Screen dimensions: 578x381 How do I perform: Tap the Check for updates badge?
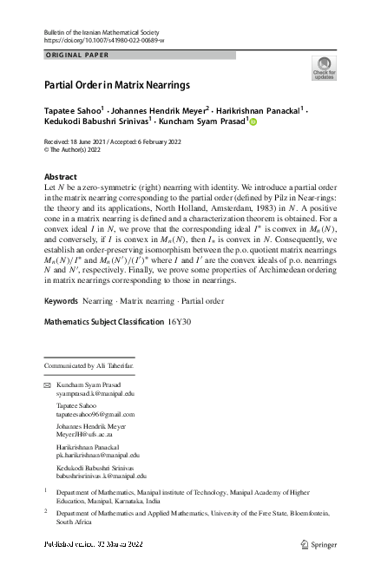pos(323,69)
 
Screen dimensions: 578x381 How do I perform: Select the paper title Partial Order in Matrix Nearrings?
pos(117,85)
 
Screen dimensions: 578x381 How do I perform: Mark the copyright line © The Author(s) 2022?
pos(76,148)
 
